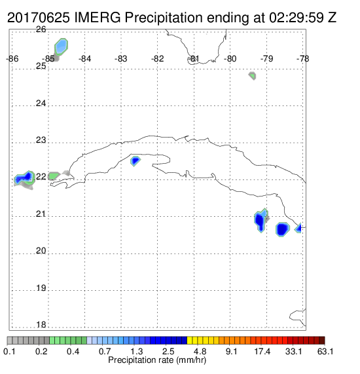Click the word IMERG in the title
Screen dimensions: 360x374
tap(98, 18)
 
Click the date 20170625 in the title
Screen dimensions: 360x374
tap(39, 18)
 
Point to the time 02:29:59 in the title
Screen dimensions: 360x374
tap(297, 18)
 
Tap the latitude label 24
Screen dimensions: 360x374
tap(41, 103)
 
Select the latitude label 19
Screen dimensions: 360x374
tap(41, 288)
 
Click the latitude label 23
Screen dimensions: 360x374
tap(41, 140)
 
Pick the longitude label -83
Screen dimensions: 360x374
tap(121, 59)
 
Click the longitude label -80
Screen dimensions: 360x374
tap(230, 59)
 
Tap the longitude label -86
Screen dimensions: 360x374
tap(12, 59)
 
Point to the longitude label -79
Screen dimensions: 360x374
tap(266, 59)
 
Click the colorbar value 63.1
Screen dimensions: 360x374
tap(325, 351)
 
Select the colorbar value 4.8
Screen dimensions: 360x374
tap(200, 351)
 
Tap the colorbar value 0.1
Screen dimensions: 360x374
tap(10, 351)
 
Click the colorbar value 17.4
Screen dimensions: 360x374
tap(262, 351)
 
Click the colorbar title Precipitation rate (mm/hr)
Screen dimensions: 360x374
tap(157, 360)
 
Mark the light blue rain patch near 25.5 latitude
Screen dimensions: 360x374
tap(62, 47)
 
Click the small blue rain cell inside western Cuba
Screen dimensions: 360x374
tap(135, 160)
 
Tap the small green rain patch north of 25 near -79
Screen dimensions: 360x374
tap(253, 75)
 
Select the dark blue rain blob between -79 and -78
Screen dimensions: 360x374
tap(283, 229)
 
